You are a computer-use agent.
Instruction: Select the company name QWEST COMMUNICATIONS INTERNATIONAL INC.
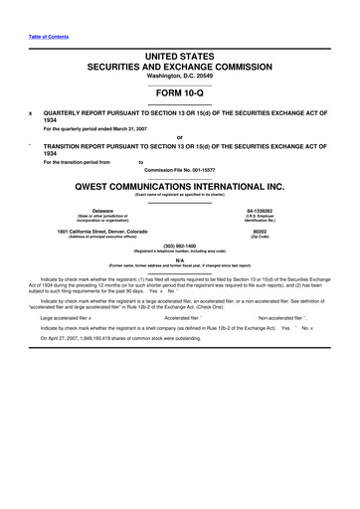[179, 185]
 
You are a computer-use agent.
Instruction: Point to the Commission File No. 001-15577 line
[179, 168]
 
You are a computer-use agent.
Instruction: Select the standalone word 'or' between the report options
[179, 137]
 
